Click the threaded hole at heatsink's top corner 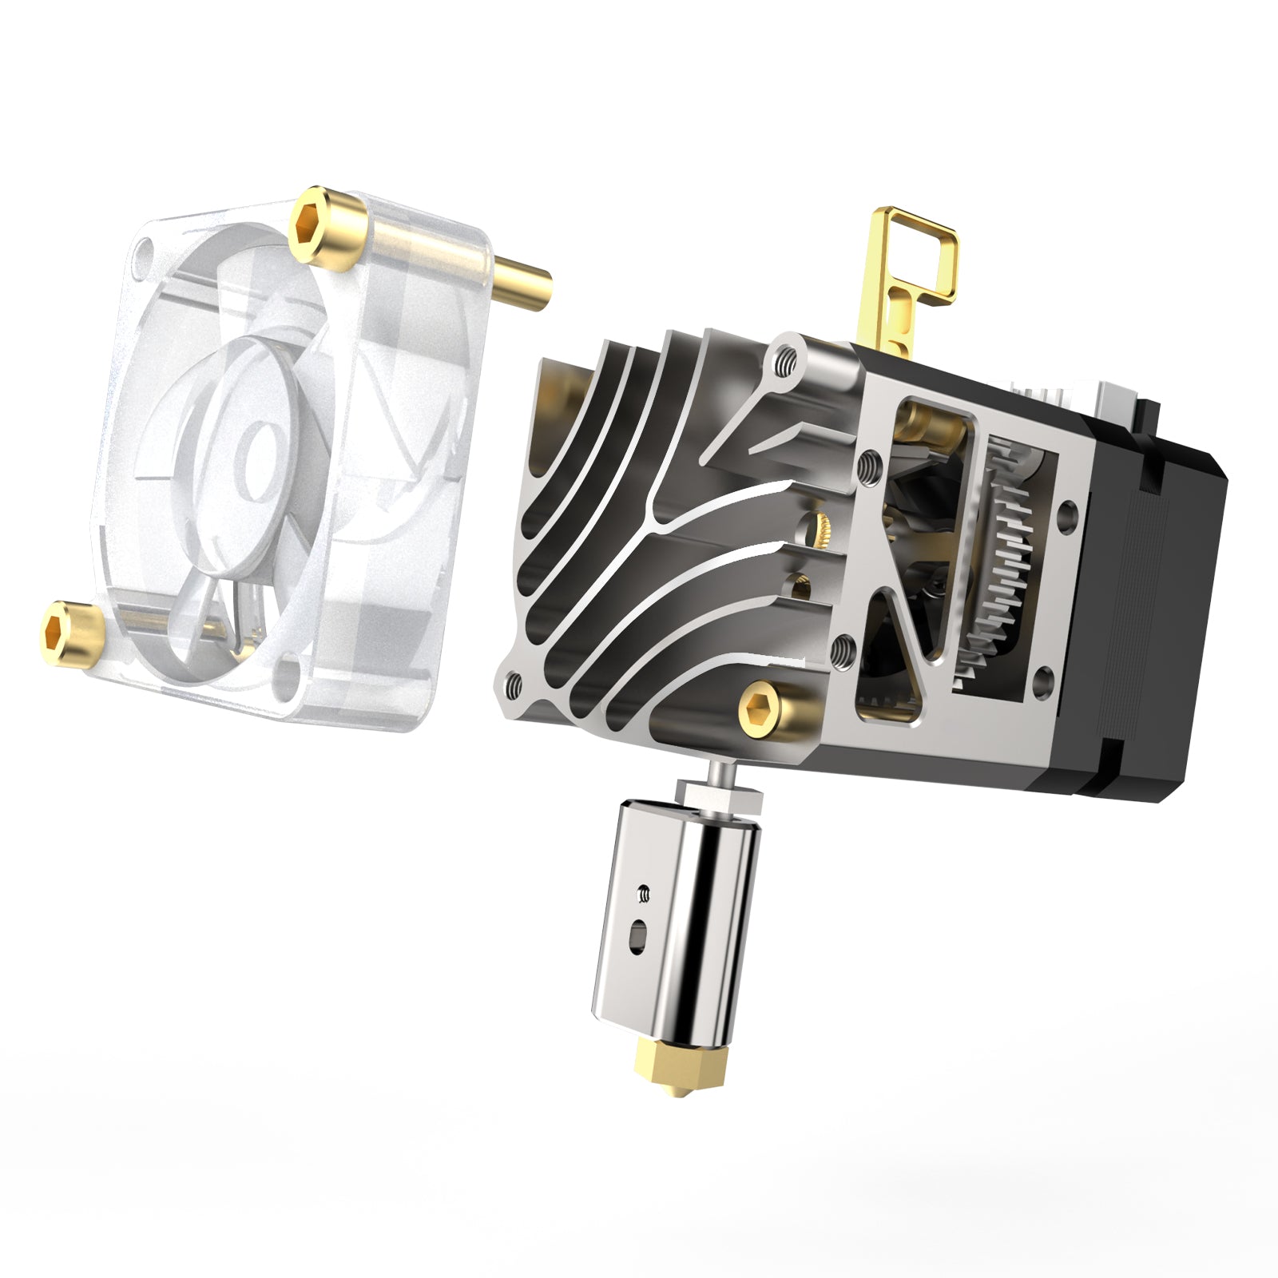787,359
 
